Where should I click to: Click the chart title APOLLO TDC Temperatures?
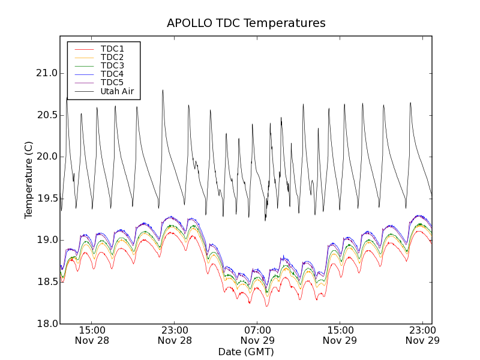pyautogui.click(x=246, y=23)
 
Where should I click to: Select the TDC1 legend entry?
pyautogui.click(x=112, y=49)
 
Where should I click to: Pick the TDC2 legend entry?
pyautogui.click(x=112, y=57)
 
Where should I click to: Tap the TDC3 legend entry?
pyautogui.click(x=112, y=65)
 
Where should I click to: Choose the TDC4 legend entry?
pyautogui.click(x=112, y=74)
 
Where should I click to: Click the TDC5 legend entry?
pyautogui.click(x=112, y=82)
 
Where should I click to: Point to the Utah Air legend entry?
pyautogui.click(x=117, y=92)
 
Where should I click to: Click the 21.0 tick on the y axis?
pyautogui.click(x=46, y=73)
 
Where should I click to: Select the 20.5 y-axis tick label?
pyautogui.click(x=46, y=115)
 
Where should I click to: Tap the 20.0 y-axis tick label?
pyautogui.click(x=46, y=157)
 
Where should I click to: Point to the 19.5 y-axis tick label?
pyautogui.click(x=46, y=199)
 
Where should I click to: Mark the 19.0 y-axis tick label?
pyautogui.click(x=46, y=240)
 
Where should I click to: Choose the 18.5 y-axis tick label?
pyautogui.click(x=46, y=282)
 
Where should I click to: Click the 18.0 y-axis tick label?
pyautogui.click(x=46, y=323)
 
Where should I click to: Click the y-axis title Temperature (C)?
pyautogui.click(x=29, y=180)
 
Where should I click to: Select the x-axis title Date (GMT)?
pyautogui.click(x=246, y=352)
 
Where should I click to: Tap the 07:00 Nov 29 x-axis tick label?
pyautogui.click(x=257, y=335)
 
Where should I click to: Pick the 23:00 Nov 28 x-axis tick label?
pyautogui.click(x=175, y=335)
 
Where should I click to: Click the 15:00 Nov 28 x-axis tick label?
pyautogui.click(x=92, y=335)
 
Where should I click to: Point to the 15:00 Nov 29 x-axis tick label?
pyautogui.click(x=340, y=335)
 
